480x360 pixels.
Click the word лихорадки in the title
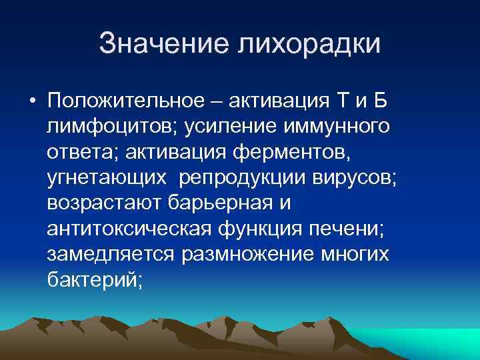click(308, 44)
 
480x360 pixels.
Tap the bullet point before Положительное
click(32, 102)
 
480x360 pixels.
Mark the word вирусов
click(361, 178)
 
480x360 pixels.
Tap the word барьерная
click(225, 203)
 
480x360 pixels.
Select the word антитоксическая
click(127, 229)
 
